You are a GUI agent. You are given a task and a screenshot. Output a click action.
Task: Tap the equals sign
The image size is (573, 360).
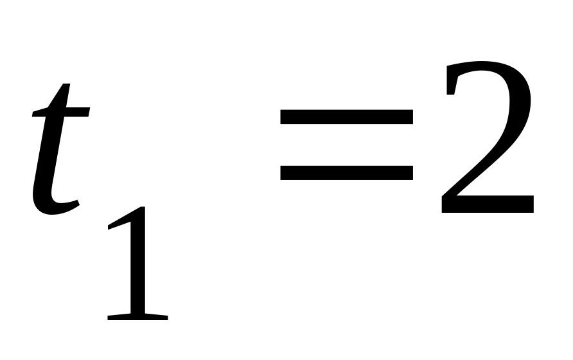point(346,144)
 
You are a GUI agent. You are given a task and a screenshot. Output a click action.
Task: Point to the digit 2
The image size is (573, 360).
point(487,138)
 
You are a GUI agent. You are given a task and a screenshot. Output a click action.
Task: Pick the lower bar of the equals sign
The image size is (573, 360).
point(346,172)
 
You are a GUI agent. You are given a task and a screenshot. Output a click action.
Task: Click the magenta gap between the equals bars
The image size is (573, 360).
point(346,144)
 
